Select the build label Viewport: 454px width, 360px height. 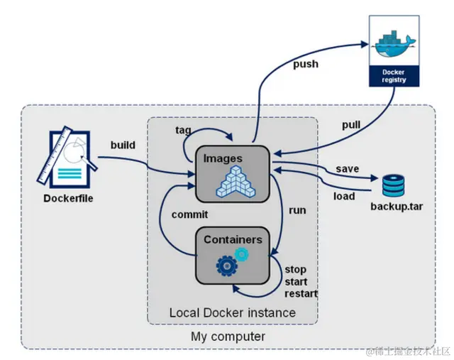(x=123, y=145)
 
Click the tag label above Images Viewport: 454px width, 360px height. (x=182, y=130)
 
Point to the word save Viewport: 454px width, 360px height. (x=348, y=168)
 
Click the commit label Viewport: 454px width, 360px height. (x=189, y=214)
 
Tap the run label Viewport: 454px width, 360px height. (x=297, y=211)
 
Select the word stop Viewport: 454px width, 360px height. (x=295, y=270)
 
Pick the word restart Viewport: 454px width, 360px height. (x=301, y=293)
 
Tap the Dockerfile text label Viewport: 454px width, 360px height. (x=68, y=199)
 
